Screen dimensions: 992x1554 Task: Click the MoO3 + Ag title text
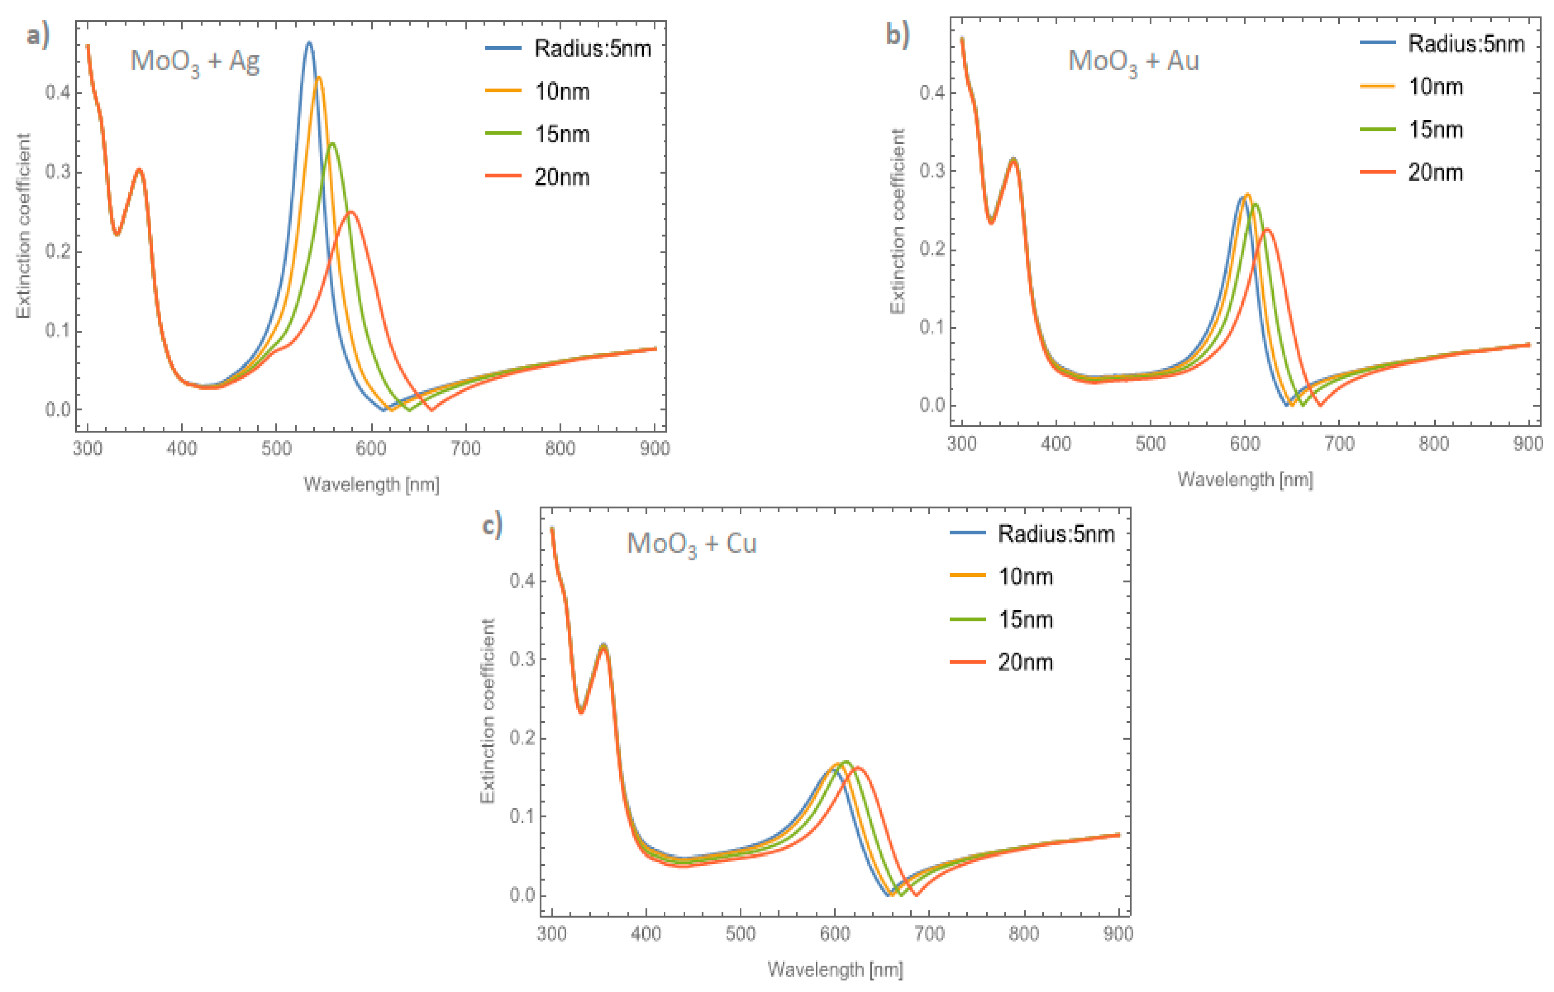195,62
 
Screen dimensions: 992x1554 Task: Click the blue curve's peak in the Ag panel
309,43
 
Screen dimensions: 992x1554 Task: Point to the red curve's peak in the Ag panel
351,212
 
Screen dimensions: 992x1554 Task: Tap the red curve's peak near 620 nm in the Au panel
1267,229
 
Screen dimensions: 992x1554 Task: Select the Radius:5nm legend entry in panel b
1465,44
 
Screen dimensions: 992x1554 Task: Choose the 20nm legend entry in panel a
561,177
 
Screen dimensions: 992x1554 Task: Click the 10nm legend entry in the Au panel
1435,86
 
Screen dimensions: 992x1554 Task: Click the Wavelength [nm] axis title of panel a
371,484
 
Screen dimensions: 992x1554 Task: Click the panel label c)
492,525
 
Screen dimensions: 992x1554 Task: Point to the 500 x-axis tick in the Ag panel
276,449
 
